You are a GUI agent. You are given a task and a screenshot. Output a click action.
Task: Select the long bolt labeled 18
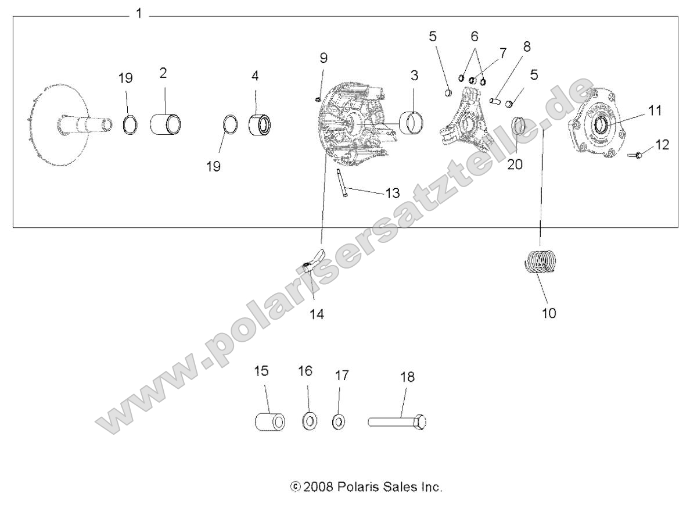[398, 420]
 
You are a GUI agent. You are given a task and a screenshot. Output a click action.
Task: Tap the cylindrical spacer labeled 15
[269, 421]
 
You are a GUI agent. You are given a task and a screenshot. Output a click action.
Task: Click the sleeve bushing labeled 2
[166, 124]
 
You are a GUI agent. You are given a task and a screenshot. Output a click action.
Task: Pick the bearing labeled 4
[261, 125]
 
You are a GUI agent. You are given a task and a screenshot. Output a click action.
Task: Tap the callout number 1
[138, 13]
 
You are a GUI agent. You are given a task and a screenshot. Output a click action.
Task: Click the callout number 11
[655, 110]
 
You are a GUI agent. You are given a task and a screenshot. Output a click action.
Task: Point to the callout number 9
[324, 58]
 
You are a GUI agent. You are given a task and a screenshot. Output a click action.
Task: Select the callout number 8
[526, 46]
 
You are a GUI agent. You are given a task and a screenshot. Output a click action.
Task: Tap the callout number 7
[502, 53]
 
